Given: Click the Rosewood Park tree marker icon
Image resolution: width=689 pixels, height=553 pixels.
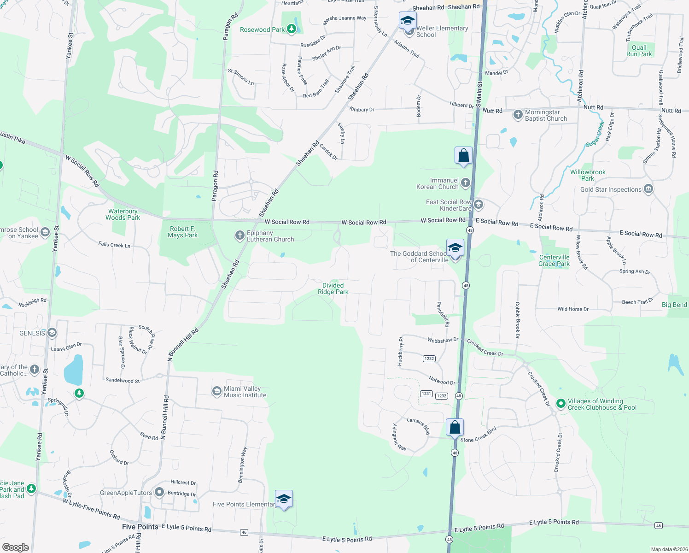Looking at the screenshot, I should pos(291,29).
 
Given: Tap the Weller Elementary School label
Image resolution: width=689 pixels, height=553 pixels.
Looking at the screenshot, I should pos(442,31).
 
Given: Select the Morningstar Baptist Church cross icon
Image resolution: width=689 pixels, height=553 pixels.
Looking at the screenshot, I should pos(518,114).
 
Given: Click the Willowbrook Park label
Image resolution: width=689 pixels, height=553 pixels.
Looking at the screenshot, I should pos(588,175).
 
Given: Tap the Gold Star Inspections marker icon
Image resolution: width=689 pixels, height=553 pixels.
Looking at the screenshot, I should pos(648,189).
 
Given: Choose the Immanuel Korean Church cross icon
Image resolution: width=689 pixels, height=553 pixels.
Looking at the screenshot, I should pos(466,183).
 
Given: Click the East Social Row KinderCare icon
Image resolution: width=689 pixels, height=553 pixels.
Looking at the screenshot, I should pos(479,204).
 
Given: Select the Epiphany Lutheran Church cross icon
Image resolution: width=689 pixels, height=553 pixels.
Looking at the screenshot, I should pos(239,235).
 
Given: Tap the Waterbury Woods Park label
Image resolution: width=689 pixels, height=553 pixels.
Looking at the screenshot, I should pos(123,214).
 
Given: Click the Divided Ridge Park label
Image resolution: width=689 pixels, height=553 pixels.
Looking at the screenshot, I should pos(333,288).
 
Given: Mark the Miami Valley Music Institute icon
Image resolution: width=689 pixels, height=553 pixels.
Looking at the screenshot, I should pos(216,391).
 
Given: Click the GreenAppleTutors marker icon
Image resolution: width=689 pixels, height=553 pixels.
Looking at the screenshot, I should pos(159,492).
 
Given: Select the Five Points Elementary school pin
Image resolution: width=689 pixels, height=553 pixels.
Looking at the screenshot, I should pos(284,499).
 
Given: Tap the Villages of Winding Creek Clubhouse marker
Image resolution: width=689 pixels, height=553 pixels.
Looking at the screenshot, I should pos(561,404).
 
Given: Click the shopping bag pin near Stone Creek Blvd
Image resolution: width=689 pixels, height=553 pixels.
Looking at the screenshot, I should pos(455,427).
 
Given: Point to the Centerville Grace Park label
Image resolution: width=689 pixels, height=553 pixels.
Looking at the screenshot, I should pos(554,260).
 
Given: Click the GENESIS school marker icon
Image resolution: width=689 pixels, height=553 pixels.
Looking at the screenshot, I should pos(52,333).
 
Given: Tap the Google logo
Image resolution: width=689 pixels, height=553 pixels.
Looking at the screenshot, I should pos(15,547).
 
